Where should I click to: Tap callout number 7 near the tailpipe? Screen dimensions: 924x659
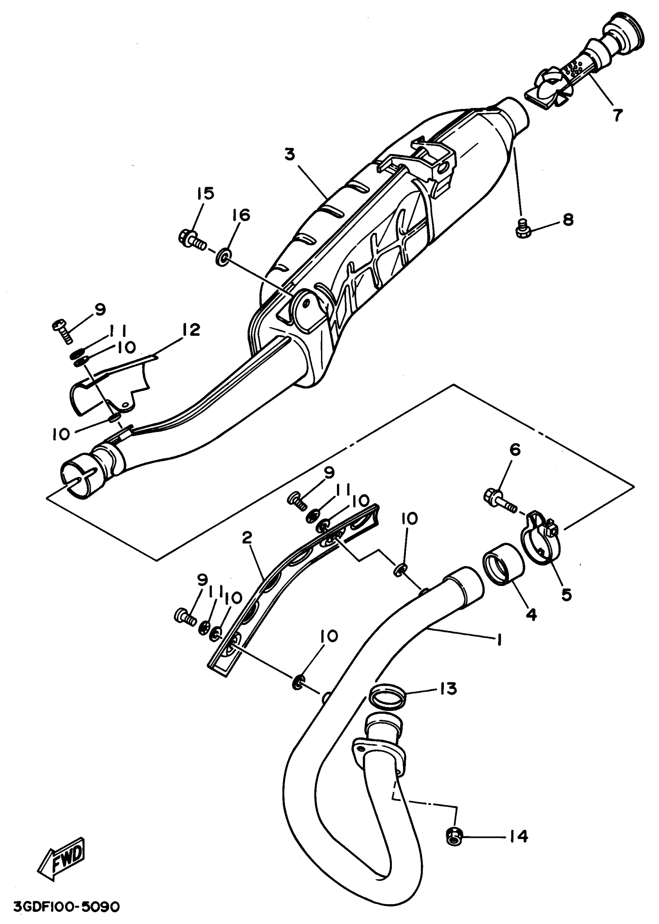tap(617, 115)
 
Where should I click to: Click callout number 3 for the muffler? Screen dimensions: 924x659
tap(289, 155)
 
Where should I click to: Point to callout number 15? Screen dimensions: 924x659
tap(205, 194)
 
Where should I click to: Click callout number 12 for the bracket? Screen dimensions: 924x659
tap(191, 329)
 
